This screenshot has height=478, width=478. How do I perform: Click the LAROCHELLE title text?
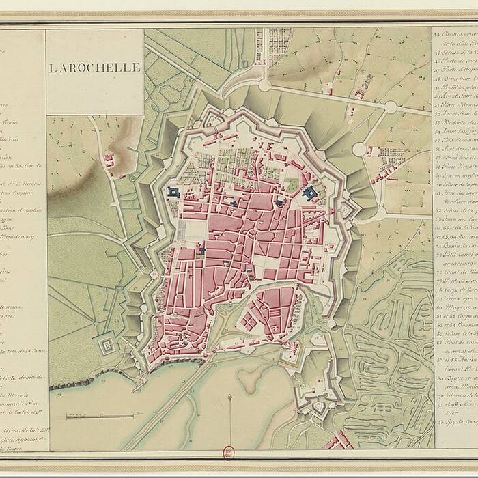click(x=95, y=68)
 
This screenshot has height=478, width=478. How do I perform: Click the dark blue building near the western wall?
click(x=174, y=193)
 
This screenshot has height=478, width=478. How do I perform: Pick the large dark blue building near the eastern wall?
click(x=311, y=194)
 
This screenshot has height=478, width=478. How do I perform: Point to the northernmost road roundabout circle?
click(x=264, y=85)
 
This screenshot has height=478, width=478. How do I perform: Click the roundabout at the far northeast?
click(x=390, y=107)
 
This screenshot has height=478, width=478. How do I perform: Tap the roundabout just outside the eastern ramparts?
click(x=359, y=149)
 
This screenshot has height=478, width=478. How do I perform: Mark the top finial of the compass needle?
click(x=229, y=397)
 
